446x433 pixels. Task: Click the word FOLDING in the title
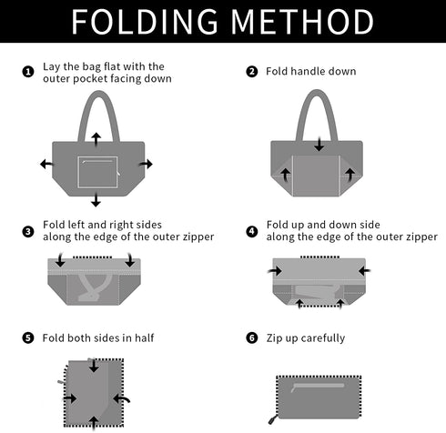point(145,22)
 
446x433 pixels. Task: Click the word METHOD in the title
point(302,22)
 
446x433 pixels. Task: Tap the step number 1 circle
point(28,72)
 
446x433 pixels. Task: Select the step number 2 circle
point(252,72)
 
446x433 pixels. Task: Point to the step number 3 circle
point(28,232)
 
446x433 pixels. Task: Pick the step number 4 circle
point(252,232)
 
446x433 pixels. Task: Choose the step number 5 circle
point(28,337)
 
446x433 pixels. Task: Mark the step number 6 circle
point(252,337)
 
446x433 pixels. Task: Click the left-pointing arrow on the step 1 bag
point(46,164)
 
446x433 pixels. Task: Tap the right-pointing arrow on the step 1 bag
point(146,164)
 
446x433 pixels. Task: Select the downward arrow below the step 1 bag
point(96,199)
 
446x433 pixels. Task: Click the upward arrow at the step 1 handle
point(96,139)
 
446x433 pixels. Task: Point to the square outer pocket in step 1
point(97,172)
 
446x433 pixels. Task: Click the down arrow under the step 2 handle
point(319,145)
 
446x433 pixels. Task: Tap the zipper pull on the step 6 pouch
point(272,420)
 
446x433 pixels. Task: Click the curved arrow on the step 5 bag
point(122,399)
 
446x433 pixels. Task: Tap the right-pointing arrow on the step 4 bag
point(275,270)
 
